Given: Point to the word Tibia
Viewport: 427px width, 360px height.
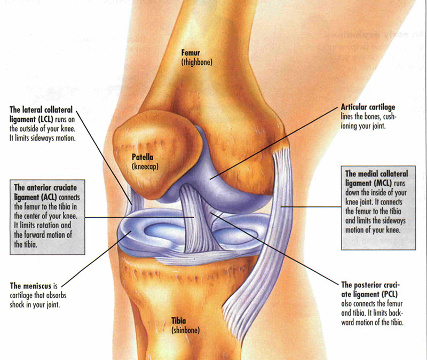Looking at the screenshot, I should pos(179,322).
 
